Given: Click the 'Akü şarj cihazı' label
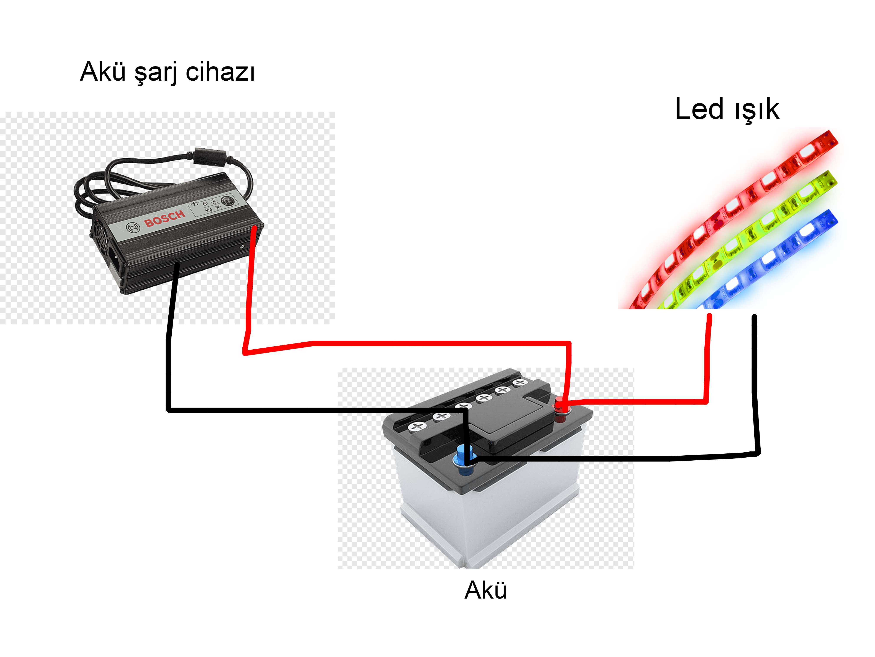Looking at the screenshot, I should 167,72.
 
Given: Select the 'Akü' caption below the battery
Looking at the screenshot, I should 485,590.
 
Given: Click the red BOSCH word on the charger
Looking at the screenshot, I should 164,219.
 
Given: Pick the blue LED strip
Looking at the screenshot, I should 771,257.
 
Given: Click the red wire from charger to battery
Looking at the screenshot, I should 435,343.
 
